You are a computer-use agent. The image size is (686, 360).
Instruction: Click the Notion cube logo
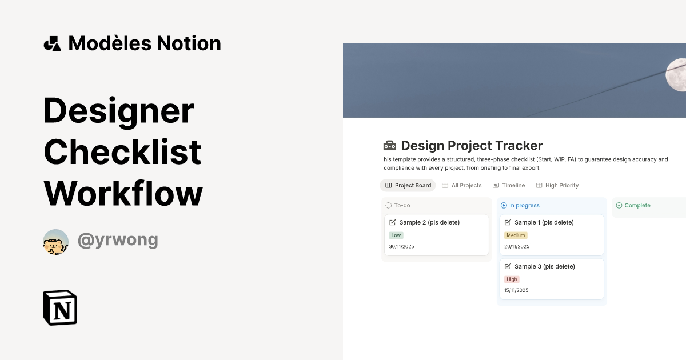(60, 307)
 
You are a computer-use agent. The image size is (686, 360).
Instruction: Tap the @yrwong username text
(118, 240)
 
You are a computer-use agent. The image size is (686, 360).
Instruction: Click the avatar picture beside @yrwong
(56, 242)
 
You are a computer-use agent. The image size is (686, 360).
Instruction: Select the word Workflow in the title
(123, 193)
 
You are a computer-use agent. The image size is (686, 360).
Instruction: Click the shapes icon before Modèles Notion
(53, 43)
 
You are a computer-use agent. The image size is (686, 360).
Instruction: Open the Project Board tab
(408, 185)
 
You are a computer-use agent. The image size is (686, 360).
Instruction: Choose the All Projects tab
(462, 185)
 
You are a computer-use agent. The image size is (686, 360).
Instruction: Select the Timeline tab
(509, 185)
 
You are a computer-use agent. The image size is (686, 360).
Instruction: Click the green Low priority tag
(396, 235)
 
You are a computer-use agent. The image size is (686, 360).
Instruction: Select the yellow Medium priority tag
(516, 235)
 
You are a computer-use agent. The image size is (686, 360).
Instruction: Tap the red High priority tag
(512, 279)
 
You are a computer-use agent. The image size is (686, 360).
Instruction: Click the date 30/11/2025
(401, 246)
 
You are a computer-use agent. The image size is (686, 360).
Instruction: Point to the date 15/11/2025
(516, 290)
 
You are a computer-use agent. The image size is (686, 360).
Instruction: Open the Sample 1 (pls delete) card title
(544, 222)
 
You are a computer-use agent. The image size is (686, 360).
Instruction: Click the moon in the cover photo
(677, 74)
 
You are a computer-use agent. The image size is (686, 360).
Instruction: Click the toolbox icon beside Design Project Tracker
(389, 146)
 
